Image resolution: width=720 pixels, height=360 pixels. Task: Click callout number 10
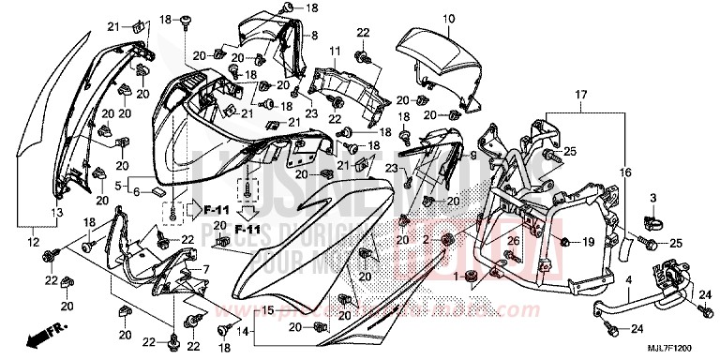448,18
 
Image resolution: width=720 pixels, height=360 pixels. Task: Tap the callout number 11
335,50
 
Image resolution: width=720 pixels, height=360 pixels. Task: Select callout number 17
580,95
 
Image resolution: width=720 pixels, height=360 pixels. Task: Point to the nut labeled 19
564,242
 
